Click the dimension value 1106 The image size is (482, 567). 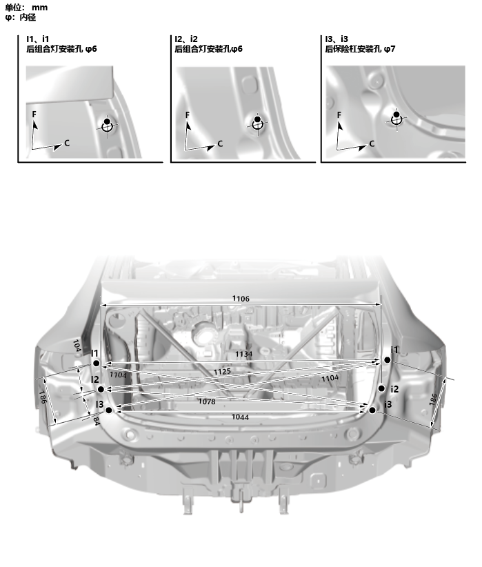[241, 298]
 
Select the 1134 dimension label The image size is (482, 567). [243, 354]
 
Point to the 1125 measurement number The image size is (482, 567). [222, 371]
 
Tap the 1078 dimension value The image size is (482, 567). [207, 401]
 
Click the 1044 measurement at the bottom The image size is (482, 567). [240, 417]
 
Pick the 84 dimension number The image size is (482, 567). [96, 421]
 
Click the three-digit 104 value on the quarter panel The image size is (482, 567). [77, 346]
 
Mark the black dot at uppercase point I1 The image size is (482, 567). [96, 363]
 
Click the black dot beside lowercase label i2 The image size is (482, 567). [381, 388]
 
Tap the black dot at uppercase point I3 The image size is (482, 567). [109, 410]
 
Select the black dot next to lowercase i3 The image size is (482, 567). [372, 410]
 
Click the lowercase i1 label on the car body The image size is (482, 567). [394, 350]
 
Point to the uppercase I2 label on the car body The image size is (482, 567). [94, 379]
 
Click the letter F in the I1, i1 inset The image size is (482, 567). [34, 115]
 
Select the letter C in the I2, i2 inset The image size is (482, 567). [220, 144]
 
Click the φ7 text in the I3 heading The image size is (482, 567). [390, 49]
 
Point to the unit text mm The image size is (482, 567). [39, 8]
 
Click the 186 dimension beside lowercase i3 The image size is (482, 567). [433, 399]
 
